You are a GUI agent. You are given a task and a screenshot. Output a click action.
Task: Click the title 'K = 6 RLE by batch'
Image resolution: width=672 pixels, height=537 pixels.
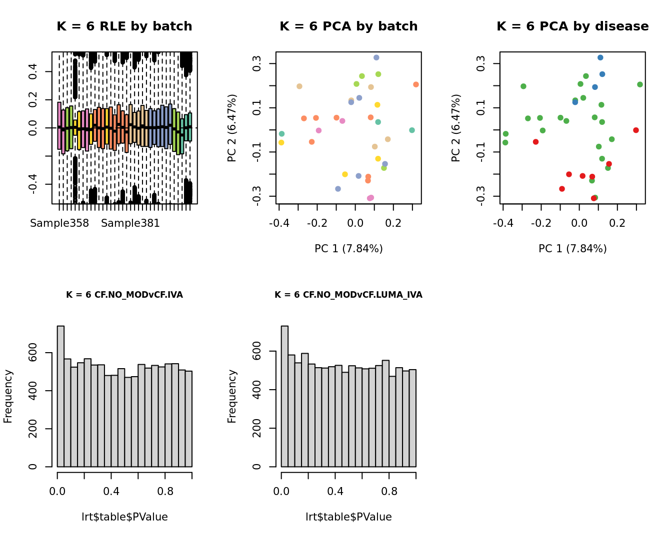click(124, 26)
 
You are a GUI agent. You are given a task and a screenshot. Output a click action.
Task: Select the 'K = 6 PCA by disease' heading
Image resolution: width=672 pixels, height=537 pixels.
click(572, 26)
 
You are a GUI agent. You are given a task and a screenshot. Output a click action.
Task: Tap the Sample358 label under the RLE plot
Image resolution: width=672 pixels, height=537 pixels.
click(59, 223)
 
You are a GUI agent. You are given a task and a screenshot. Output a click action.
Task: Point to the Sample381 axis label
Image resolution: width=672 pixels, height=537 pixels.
click(130, 223)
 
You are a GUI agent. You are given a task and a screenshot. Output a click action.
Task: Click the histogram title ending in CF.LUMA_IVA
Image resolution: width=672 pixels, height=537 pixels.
click(348, 295)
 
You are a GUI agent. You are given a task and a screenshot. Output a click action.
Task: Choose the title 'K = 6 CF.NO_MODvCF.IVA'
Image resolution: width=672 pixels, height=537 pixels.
click(124, 295)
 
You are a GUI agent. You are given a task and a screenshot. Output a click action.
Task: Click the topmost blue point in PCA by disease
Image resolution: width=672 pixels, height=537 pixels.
click(600, 57)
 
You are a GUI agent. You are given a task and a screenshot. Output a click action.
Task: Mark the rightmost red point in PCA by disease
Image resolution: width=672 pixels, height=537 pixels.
click(636, 130)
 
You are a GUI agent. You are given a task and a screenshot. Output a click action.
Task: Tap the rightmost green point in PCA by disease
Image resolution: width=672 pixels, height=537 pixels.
click(640, 84)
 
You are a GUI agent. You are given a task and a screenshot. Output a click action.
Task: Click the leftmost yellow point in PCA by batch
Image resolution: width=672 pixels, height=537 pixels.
click(281, 142)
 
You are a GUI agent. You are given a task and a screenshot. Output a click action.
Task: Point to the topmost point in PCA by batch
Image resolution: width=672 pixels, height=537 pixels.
click(376, 57)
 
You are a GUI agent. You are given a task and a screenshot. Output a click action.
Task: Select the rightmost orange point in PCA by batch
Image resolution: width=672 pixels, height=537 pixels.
click(416, 84)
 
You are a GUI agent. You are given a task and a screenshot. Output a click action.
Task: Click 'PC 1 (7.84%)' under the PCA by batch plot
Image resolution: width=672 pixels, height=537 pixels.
click(348, 249)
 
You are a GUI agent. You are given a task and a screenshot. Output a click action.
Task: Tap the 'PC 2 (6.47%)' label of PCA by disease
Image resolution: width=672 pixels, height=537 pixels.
click(455, 128)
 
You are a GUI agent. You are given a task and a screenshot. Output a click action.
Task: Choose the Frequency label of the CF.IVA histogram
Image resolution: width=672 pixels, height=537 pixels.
click(8, 396)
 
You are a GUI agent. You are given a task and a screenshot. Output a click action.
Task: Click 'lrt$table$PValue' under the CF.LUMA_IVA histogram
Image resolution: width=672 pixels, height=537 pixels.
click(348, 517)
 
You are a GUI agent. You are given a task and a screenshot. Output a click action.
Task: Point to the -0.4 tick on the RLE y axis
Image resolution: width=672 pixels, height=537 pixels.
click(33, 184)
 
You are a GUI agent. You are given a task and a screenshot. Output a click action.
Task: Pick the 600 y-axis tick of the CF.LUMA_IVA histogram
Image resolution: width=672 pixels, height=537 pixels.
click(257, 351)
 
